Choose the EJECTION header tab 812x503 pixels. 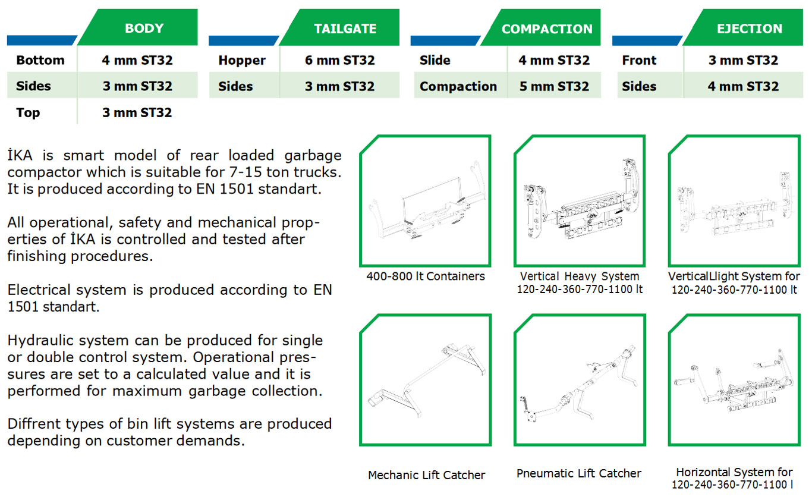pos(744,27)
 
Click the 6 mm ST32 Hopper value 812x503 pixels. pos(339,60)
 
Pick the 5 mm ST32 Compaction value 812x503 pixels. pos(554,86)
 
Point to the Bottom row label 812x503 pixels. pos(40,60)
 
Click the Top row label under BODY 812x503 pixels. pos(28,113)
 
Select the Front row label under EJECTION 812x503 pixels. pos(639,60)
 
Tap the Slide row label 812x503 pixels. pos(435,60)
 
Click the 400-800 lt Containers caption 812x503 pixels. pos(425,276)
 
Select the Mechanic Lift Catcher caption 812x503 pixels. pos(426,475)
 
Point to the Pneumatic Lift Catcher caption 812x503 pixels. pos(578,473)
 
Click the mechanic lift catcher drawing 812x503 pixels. pos(427,381)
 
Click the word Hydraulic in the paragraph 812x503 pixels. pos(68,341)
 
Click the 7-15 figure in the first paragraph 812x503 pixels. pos(246,172)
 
